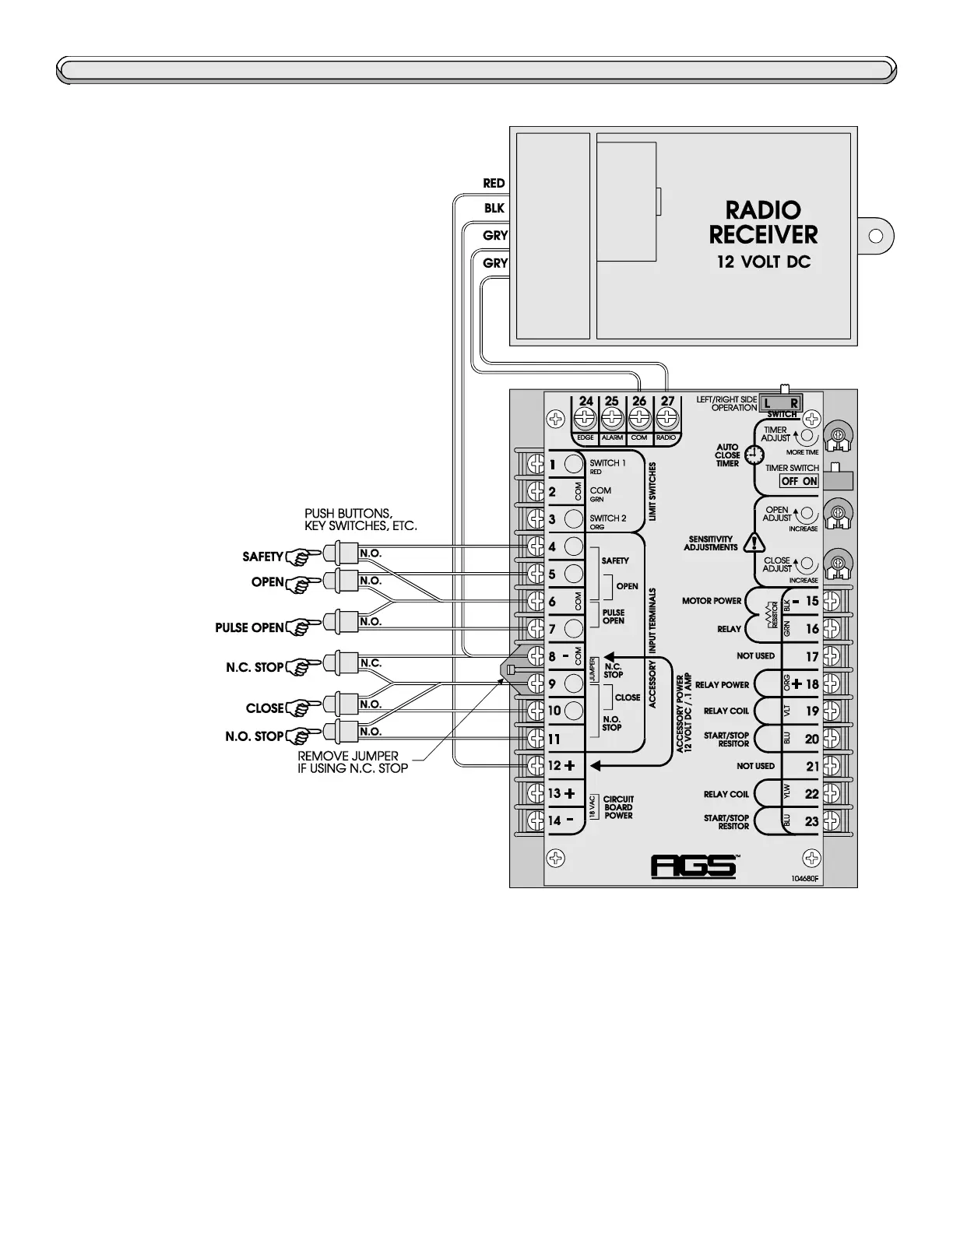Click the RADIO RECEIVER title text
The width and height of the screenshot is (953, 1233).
click(x=763, y=222)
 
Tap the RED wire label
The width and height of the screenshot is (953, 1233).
click(x=494, y=184)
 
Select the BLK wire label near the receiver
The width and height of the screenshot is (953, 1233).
click(x=494, y=209)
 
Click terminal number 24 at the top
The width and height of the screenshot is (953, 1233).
click(x=586, y=402)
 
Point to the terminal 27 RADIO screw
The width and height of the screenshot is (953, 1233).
click(x=666, y=419)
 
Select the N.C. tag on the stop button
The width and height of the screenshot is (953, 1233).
click(x=371, y=663)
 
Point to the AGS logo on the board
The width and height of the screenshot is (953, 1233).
click(x=693, y=866)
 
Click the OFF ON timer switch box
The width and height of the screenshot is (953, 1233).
click(x=799, y=481)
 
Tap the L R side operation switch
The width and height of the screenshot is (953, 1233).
click(x=780, y=403)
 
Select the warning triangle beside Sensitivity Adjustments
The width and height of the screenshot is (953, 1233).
click(x=753, y=543)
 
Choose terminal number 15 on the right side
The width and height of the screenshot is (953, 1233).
click(x=812, y=601)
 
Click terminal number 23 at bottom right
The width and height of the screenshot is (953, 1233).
click(x=812, y=820)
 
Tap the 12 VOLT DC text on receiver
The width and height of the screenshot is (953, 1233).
click(x=763, y=262)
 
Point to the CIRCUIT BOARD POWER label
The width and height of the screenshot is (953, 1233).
click(x=618, y=807)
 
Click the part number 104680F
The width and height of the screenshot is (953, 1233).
click(x=805, y=879)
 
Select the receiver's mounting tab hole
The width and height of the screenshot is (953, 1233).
click(x=874, y=234)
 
